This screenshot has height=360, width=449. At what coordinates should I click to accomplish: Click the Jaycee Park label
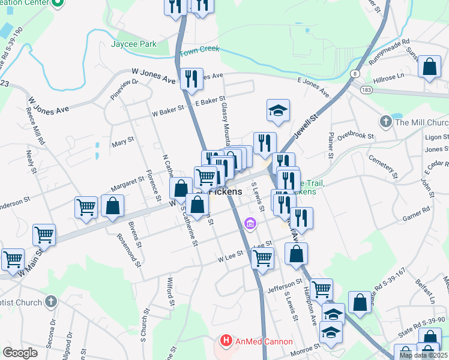tap(133, 44)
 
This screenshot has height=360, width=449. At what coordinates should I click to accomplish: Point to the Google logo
tap(20, 353)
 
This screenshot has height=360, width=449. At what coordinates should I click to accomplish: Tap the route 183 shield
tap(367, 89)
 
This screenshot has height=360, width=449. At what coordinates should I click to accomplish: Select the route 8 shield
tap(355, 73)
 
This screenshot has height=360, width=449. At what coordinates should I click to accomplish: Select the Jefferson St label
tap(285, 283)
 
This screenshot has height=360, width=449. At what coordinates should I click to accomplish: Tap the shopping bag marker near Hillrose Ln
tap(430, 68)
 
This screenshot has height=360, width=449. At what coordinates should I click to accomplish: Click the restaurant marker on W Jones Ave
tap(191, 80)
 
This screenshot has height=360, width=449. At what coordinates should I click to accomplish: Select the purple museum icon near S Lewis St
tap(250, 224)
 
